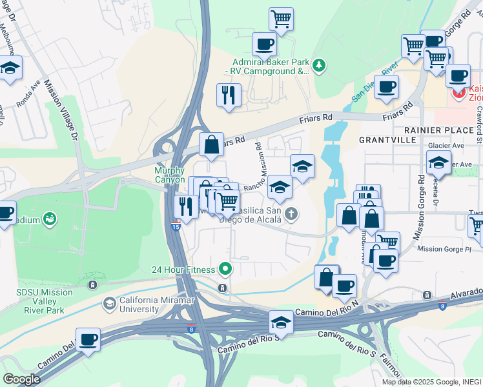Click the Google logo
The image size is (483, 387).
point(21,379)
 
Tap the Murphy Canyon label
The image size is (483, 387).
point(170,175)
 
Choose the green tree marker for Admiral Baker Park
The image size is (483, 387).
point(318,65)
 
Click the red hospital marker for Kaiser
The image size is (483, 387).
point(459,93)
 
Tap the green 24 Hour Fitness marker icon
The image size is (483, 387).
point(225,268)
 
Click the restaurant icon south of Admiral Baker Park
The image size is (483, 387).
point(228,95)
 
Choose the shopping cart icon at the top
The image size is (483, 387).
point(281,19)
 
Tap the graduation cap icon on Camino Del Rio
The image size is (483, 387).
point(281,321)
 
